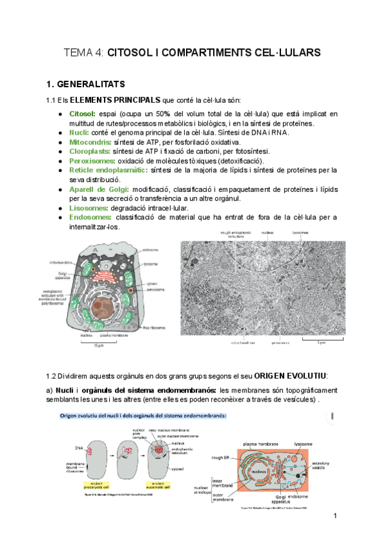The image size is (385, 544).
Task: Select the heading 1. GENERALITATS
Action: (89, 84)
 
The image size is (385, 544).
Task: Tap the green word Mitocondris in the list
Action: (90, 142)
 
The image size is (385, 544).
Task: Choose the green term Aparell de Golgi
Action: (99, 189)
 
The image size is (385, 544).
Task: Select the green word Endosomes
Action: (89, 217)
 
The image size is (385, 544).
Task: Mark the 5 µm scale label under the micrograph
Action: (321, 343)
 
